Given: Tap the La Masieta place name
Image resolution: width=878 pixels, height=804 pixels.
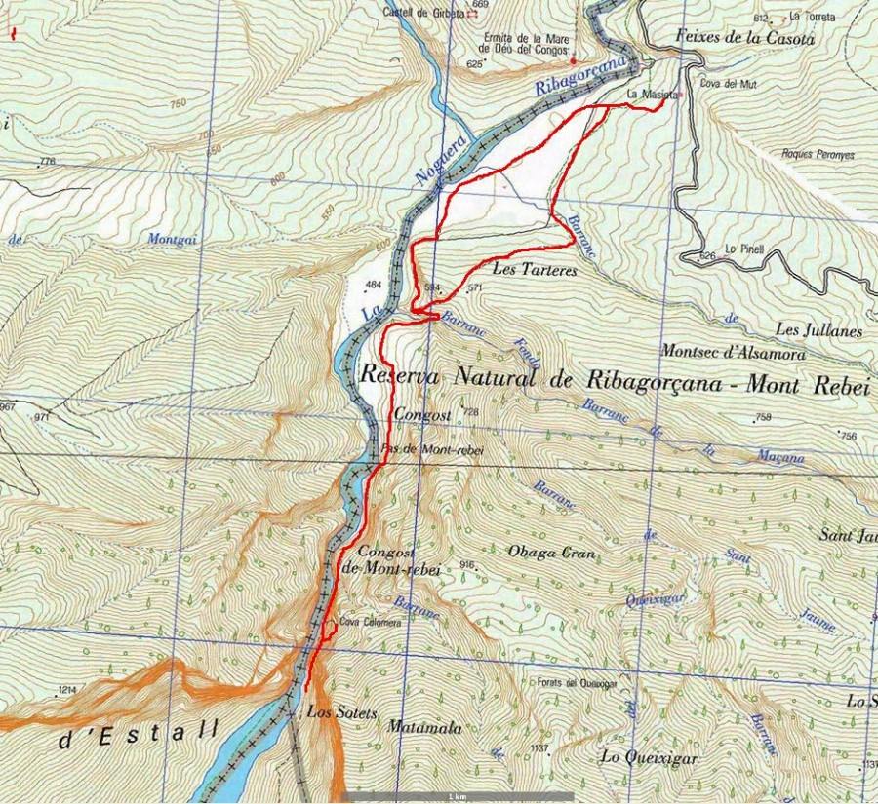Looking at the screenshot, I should point(646,94).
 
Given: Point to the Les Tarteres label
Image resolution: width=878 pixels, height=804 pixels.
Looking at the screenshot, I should point(537,269).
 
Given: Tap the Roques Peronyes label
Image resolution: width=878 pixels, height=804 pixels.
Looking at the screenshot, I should point(818,154).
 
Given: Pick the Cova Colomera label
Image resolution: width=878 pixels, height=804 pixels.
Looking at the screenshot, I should point(369,621).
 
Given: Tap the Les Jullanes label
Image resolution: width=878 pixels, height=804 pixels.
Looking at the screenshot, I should point(819,331).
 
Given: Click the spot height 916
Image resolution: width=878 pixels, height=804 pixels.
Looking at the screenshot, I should point(466,565).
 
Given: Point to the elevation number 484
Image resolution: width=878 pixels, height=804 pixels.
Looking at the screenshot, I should point(373,285).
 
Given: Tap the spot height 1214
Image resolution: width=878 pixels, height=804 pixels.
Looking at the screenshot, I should point(67,690).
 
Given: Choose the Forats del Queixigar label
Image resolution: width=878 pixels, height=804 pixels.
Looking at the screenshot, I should point(579,683).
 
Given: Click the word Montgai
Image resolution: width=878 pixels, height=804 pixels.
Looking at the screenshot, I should point(166,238).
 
